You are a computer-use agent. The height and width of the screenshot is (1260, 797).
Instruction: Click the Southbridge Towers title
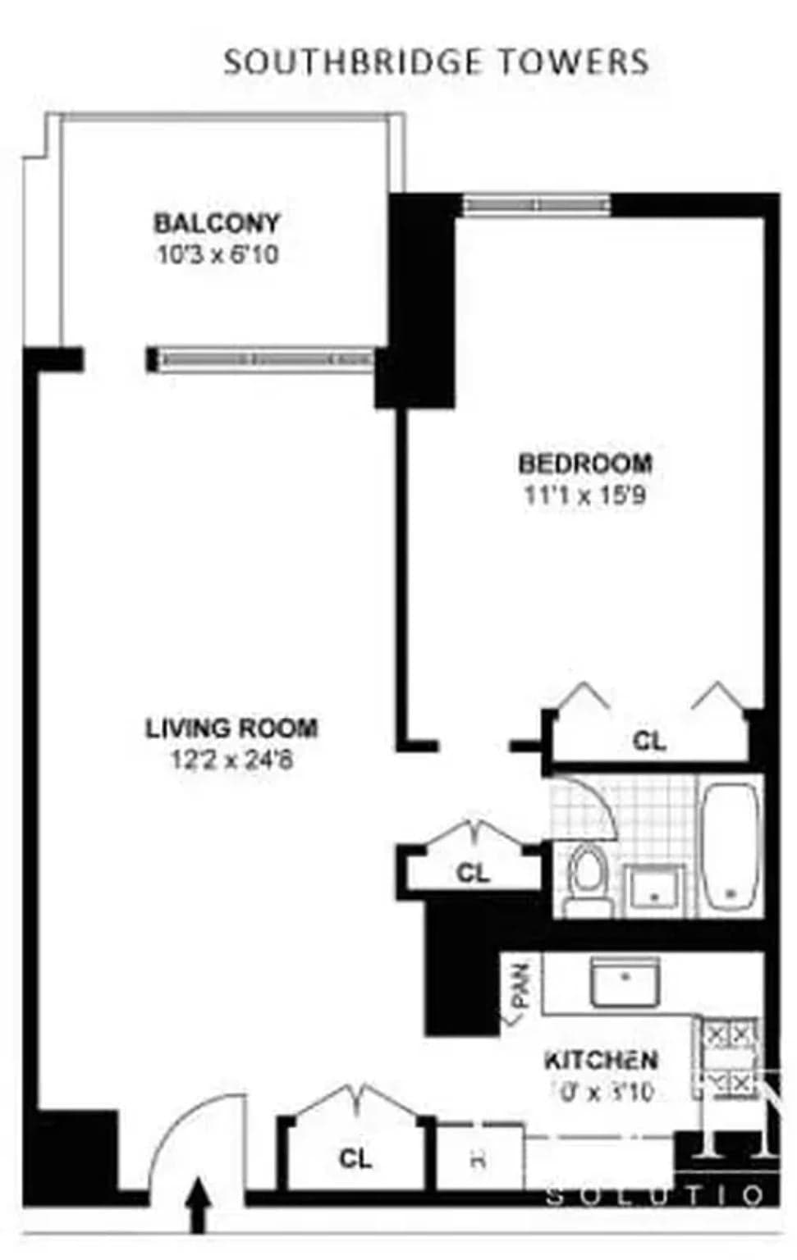tap(436, 62)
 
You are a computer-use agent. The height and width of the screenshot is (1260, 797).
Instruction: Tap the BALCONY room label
tap(217, 223)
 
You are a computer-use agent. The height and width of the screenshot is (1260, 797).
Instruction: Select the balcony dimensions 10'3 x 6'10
tap(217, 255)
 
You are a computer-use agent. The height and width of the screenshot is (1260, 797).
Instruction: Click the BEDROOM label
tap(585, 463)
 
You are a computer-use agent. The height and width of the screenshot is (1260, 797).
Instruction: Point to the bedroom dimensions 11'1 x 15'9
tap(584, 495)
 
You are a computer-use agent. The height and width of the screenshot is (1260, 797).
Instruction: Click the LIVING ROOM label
tap(231, 728)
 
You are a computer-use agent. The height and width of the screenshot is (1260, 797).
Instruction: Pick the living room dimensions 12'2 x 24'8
tap(231, 760)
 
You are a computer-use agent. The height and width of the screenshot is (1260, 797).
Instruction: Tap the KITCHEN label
tap(601, 1061)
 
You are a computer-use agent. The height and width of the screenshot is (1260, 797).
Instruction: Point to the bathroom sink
tap(654, 889)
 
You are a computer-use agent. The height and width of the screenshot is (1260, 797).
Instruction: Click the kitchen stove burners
tap(729, 1057)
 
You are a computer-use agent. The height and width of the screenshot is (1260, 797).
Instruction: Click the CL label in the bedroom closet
tap(649, 742)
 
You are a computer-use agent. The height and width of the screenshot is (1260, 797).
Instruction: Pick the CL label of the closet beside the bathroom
tap(473, 873)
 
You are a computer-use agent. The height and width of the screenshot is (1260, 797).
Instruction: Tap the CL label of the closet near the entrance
tap(355, 1158)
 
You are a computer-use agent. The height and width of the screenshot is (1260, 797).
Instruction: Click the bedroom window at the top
tap(536, 203)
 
